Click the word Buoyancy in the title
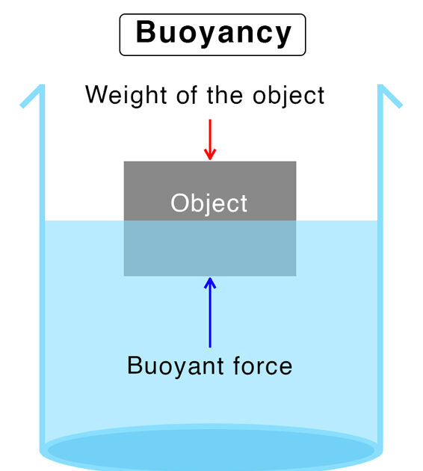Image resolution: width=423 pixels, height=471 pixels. pyautogui.click(x=213, y=34)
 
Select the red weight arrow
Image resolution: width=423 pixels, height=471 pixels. pyautogui.click(x=210, y=140)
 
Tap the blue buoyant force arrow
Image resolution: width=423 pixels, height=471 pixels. pyautogui.click(x=210, y=313)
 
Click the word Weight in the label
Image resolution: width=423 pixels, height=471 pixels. pyautogui.click(x=126, y=96)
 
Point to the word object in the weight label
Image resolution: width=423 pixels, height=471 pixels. pyautogui.click(x=288, y=96)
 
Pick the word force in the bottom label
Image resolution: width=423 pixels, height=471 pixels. pyautogui.click(x=262, y=366)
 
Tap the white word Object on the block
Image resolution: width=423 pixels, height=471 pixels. pyautogui.click(x=209, y=203)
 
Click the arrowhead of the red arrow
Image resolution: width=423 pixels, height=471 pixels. pyautogui.click(x=210, y=154)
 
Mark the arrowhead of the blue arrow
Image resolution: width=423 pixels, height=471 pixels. pyautogui.click(x=210, y=283)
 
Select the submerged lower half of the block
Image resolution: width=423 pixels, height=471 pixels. pyautogui.click(x=210, y=248)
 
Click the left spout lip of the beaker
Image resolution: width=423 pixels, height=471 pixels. pyautogui.click(x=31, y=96)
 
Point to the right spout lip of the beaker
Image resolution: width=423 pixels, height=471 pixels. pyautogui.click(x=390, y=96)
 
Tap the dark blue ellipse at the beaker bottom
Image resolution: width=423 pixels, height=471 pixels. pyautogui.click(x=211, y=450)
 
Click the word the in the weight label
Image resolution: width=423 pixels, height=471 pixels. pyautogui.click(x=224, y=95)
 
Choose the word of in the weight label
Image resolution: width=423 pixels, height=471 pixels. pyautogui.click(x=187, y=95)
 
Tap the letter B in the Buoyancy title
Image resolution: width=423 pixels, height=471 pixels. pyautogui.click(x=146, y=31)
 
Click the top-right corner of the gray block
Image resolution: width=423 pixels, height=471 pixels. pyautogui.click(x=296, y=161)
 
